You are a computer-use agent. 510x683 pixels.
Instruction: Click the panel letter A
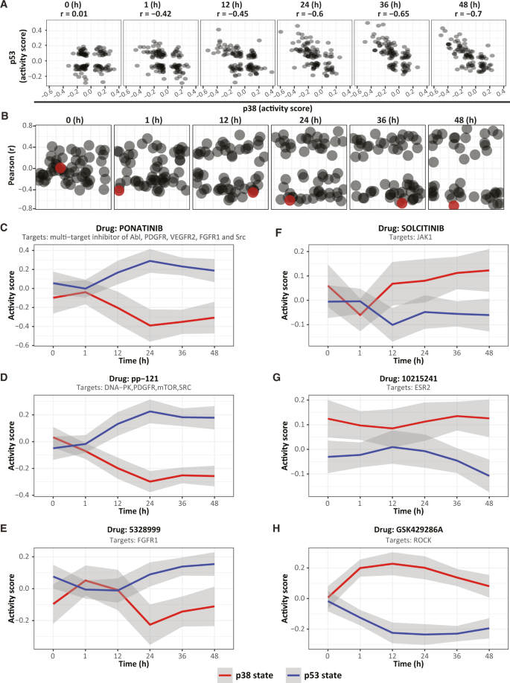[5, 5]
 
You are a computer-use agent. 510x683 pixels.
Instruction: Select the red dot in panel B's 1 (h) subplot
[119, 190]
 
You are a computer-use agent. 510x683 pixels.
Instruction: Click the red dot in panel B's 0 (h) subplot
[60, 168]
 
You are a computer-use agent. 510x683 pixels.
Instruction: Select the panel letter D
[5, 379]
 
